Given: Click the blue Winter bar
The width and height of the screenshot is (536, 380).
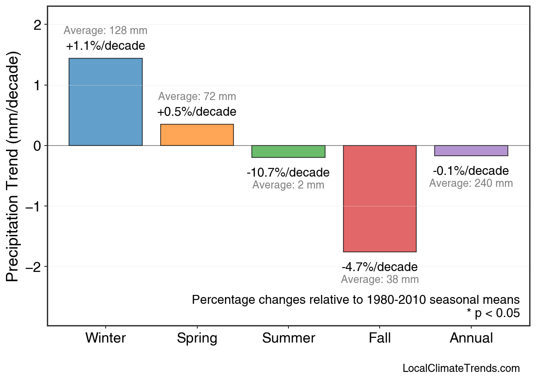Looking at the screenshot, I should point(106,102).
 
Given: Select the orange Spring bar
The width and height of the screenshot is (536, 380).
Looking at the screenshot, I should point(197,135).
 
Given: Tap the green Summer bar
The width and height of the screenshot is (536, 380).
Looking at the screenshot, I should point(288,151).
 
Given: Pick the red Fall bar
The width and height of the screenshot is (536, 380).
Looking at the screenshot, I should point(380,199).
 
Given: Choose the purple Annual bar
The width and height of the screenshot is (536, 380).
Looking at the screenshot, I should point(471,151).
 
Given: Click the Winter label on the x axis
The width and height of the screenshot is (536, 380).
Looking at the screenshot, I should point(106,338).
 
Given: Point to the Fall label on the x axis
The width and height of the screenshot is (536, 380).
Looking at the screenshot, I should point(380,338).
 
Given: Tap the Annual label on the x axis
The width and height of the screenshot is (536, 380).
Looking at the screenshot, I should point(471,338).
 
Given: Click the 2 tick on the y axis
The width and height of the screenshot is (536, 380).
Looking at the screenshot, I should point(37,25).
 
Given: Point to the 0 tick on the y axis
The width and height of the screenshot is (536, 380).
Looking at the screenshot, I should point(37,146).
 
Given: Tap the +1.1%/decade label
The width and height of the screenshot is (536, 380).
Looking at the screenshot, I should point(106,46).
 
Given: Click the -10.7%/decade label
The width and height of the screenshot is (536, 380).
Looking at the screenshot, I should point(288,173).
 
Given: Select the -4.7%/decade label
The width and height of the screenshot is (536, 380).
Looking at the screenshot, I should point(380,267).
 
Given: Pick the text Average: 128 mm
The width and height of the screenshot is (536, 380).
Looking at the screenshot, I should point(106,31).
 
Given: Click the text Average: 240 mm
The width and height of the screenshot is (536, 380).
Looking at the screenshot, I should point(471,183).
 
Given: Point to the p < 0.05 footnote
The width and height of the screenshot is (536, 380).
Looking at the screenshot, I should point(493,314).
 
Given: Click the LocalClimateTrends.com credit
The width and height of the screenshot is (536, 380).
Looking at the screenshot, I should point(461,369).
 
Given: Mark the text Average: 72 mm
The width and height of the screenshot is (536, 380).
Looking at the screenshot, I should point(197,97).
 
